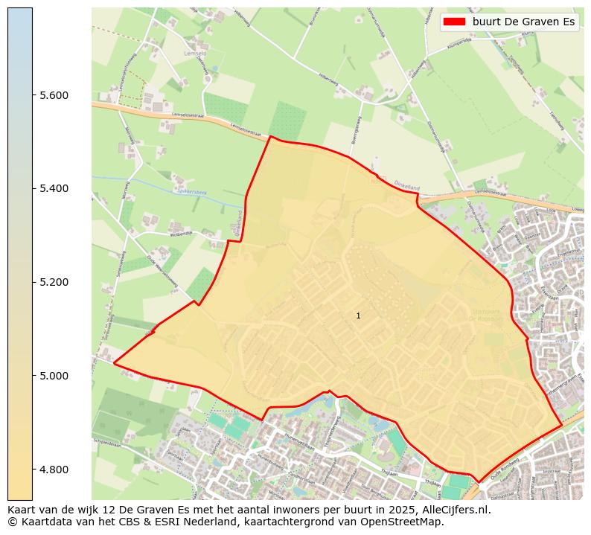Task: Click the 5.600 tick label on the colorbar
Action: click(54, 95)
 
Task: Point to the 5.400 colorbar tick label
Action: click(54, 188)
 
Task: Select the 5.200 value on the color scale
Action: click(54, 282)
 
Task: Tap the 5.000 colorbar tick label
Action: click(54, 376)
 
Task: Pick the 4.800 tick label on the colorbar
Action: click(54, 470)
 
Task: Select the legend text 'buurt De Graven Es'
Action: click(523, 22)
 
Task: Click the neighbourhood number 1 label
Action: click(358, 316)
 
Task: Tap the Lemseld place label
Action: click(194, 54)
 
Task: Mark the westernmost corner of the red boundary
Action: click(114, 363)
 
